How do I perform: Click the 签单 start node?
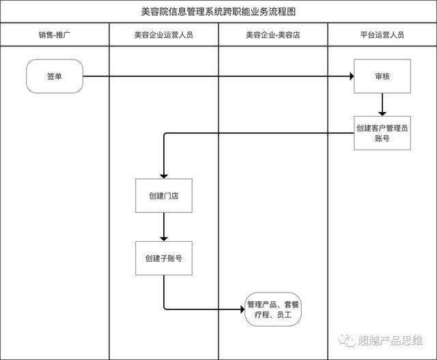tap(55, 76)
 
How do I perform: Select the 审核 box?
tap(382, 76)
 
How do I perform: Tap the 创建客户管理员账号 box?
tap(382, 133)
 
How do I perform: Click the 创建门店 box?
tap(164, 195)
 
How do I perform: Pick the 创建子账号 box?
tap(164, 258)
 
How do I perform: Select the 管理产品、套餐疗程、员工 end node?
tap(273, 309)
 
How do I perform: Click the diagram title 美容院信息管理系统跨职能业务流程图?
tap(218, 12)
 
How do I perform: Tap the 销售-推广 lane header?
tap(55, 35)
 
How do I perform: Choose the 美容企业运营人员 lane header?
tap(164, 35)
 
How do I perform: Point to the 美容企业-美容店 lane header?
tap(273, 35)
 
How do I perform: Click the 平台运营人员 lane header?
tap(382, 35)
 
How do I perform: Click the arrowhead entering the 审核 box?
tap(352, 76)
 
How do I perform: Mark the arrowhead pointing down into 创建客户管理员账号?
tap(382, 114)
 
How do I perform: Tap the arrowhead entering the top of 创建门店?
tap(164, 176)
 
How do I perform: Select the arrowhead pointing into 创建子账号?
tap(164, 239)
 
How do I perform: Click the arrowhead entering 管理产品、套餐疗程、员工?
tap(242, 309)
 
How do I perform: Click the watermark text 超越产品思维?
tap(390, 340)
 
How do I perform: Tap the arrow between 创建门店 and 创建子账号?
tap(164, 227)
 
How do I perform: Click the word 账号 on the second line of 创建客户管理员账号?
tap(382, 138)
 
